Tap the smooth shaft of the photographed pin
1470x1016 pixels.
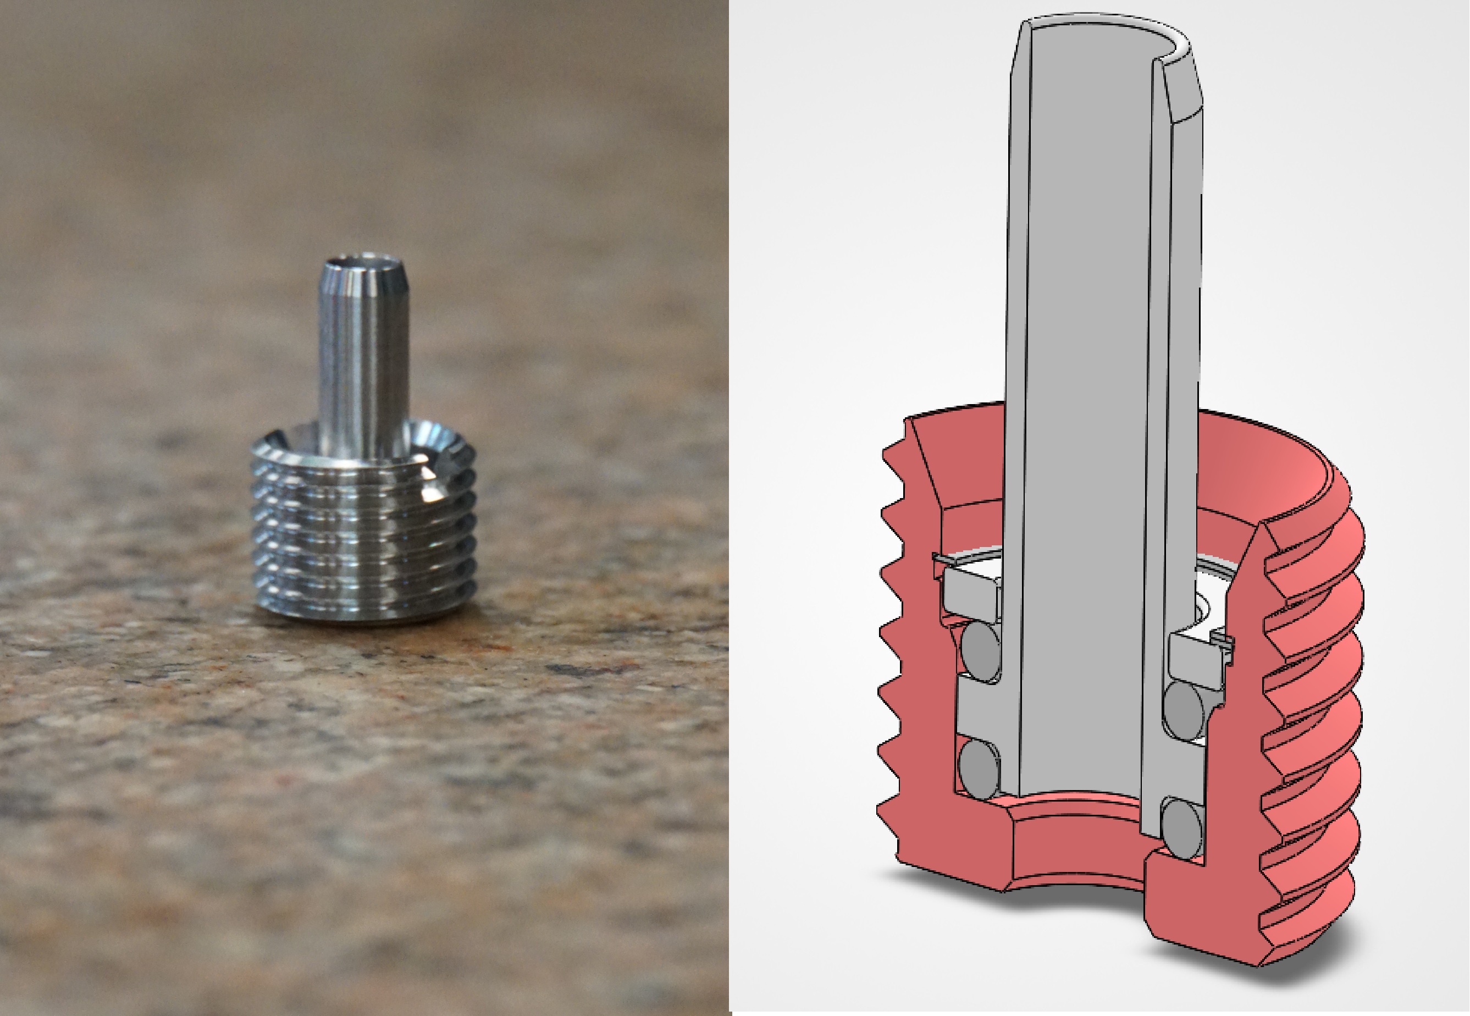tap(363, 356)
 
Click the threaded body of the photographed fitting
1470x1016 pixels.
tap(363, 528)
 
